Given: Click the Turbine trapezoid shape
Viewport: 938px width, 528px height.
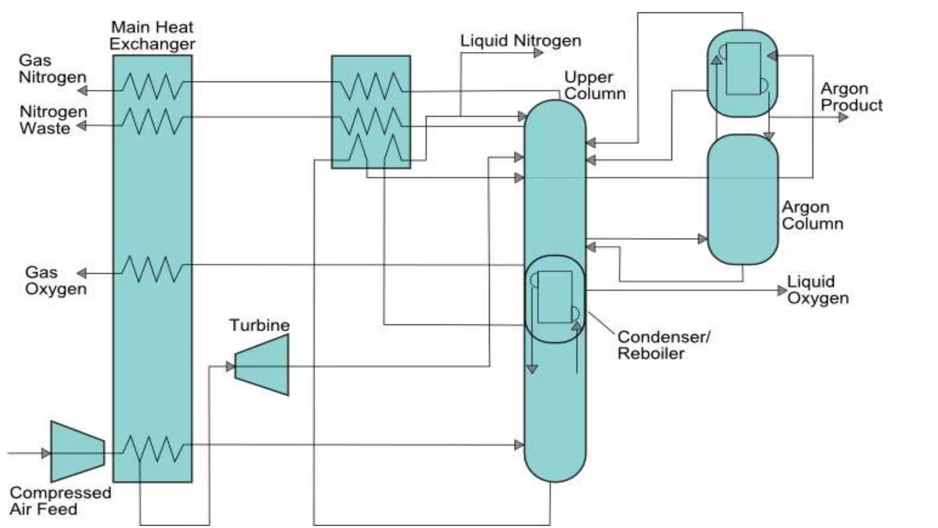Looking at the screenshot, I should [x=263, y=365].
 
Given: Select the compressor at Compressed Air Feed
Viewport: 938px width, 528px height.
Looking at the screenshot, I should [x=76, y=452].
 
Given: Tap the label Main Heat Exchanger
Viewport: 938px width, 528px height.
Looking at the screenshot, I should [x=152, y=35].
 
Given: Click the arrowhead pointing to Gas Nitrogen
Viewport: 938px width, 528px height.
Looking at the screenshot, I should [x=83, y=91].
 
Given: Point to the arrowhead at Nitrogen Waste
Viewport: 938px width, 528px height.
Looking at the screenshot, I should [x=82, y=126].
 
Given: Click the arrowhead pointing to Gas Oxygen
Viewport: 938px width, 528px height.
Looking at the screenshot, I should [x=82, y=274].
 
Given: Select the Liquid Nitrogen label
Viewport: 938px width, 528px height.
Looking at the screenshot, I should [x=520, y=41].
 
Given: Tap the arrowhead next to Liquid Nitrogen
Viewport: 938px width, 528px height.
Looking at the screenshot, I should [x=538, y=53].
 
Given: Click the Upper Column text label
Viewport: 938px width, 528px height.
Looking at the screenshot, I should [x=594, y=85].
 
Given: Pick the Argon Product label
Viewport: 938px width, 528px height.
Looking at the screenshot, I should [x=851, y=97].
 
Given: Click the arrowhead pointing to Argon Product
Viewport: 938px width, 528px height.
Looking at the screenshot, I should [x=843, y=117].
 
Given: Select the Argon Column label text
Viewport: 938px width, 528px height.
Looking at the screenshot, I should [x=812, y=215].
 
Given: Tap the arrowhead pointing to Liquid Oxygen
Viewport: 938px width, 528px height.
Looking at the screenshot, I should [x=782, y=291].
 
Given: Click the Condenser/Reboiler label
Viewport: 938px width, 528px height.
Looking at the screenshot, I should [x=663, y=345].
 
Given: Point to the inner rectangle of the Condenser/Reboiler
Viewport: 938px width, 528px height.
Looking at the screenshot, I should [x=555, y=297].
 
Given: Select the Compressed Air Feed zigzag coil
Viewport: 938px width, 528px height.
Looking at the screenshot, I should [x=152, y=449].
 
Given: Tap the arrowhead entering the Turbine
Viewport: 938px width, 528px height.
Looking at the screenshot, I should [x=230, y=366].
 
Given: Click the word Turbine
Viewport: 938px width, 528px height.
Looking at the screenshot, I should [x=259, y=325].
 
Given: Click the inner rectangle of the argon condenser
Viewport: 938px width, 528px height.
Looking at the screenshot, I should [x=743, y=69].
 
